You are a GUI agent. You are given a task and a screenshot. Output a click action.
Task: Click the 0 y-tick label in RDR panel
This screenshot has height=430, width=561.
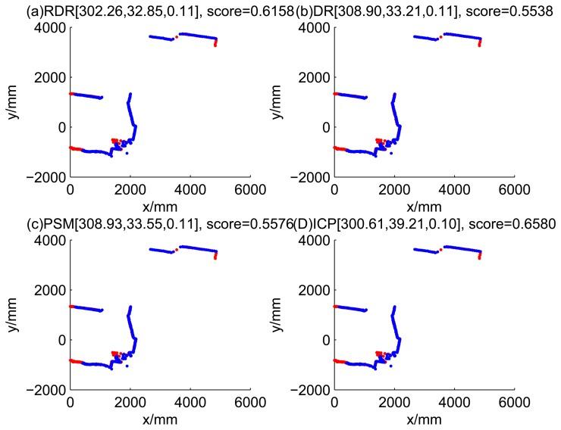tap(61, 126)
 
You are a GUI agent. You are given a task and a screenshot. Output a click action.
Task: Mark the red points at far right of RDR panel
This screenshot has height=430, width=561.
tap(215, 42)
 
